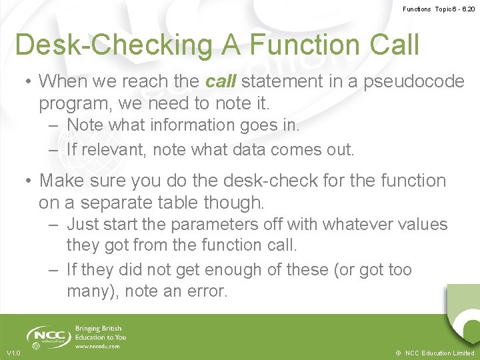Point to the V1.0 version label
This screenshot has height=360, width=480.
coord(13,353)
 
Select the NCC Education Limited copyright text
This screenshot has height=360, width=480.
coord(434,353)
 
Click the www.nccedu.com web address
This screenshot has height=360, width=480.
coord(97,346)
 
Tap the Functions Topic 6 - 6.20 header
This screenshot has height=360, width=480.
coord(439,9)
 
